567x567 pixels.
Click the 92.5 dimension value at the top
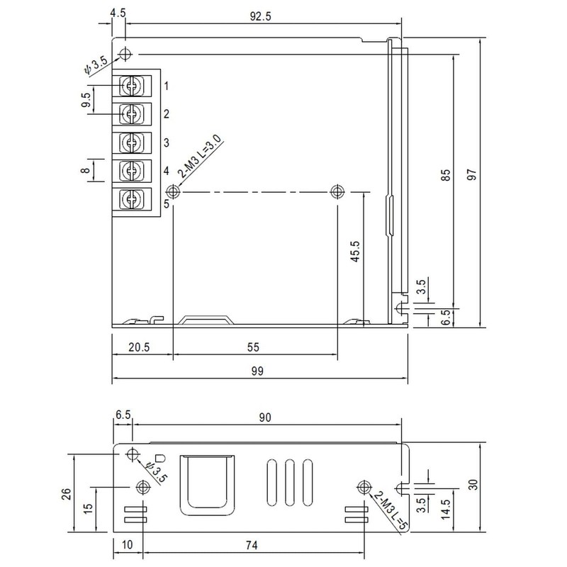(260, 16)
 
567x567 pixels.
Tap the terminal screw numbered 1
(131, 86)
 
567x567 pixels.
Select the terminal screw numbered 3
(131, 142)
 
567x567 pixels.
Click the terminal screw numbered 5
(131, 198)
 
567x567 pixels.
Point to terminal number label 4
(167, 171)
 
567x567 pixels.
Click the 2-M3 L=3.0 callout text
(201, 156)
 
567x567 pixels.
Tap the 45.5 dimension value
(356, 252)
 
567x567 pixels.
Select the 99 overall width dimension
(257, 371)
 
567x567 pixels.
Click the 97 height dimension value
(472, 174)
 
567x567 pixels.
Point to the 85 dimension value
(447, 175)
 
